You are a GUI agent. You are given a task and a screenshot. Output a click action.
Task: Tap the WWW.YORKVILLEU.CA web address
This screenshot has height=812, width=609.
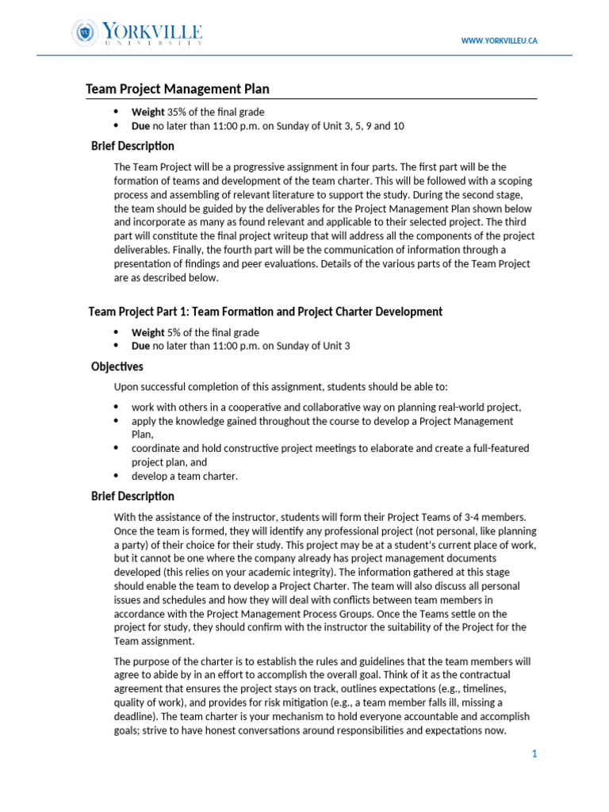tap(499, 40)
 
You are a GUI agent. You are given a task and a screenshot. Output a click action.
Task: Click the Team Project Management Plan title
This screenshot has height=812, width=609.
tap(183, 90)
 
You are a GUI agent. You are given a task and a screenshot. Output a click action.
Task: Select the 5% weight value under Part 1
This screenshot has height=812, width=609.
tap(174, 332)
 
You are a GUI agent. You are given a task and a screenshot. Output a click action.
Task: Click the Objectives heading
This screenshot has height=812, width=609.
tap(117, 366)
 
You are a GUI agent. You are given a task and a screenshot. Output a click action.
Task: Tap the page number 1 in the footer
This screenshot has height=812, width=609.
tap(534, 753)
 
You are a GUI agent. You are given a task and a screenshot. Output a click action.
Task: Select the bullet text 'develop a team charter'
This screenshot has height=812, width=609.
tap(185, 476)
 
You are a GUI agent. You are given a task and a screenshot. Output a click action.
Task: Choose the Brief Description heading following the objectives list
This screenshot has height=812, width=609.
tap(132, 496)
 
